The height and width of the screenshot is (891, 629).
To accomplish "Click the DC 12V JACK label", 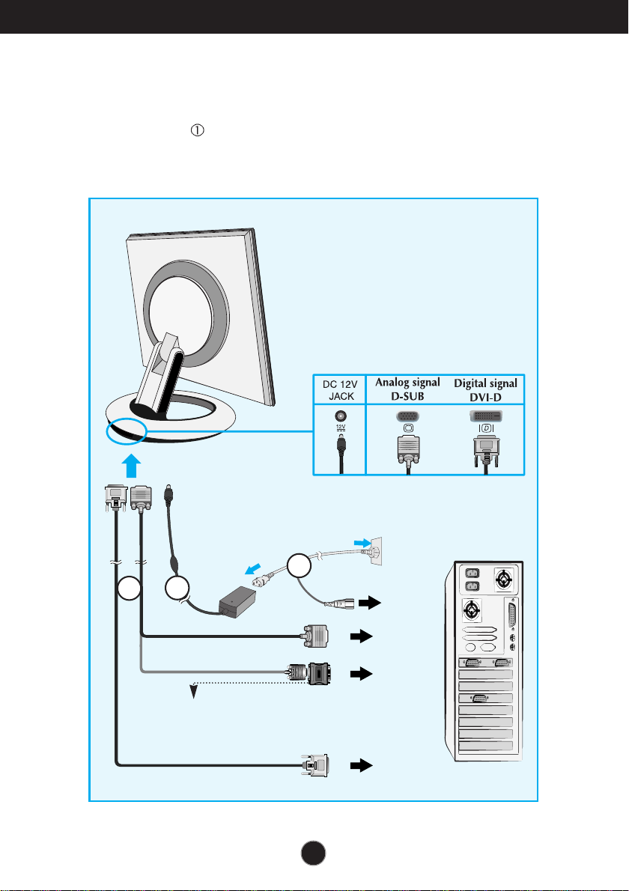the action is pyautogui.click(x=340, y=390).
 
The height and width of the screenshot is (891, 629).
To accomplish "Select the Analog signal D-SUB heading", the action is pyautogui.click(x=407, y=389).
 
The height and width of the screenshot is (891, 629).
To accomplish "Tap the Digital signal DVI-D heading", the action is pyautogui.click(x=485, y=390).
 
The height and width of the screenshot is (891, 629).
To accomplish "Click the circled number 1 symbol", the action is pyautogui.click(x=197, y=131).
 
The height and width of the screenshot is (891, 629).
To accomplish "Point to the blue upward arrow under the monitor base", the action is pyautogui.click(x=131, y=466).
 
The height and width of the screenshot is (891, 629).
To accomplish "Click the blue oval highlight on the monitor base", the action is pyautogui.click(x=126, y=431).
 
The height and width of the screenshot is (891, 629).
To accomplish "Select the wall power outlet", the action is pyautogui.click(x=375, y=551).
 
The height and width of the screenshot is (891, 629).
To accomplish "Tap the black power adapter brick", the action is pyautogui.click(x=237, y=602).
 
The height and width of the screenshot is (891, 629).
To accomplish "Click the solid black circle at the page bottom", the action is pyautogui.click(x=313, y=853).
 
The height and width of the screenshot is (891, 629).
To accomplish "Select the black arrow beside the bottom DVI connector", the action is pyautogui.click(x=362, y=765).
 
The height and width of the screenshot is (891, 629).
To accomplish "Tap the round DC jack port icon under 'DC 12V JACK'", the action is pyautogui.click(x=341, y=416).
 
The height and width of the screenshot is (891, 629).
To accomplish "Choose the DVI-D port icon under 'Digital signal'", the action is pyautogui.click(x=485, y=416).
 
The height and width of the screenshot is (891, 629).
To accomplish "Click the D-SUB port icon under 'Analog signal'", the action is pyautogui.click(x=407, y=416).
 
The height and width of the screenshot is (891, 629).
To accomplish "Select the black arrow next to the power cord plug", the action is pyautogui.click(x=370, y=603).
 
